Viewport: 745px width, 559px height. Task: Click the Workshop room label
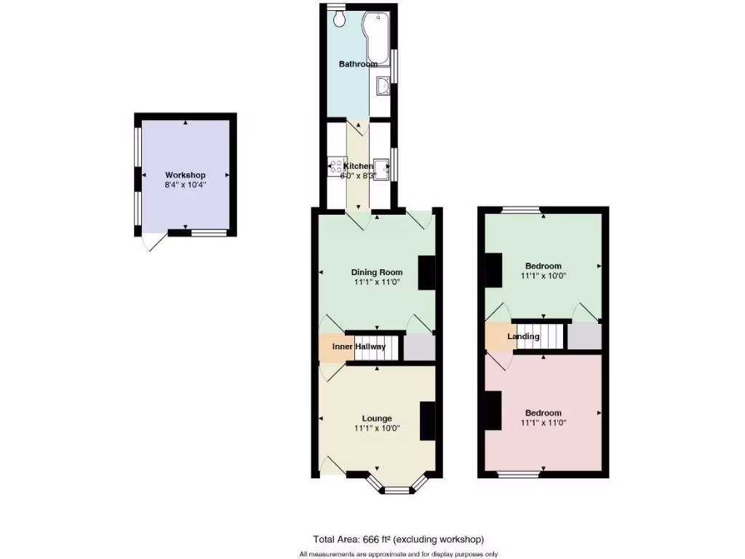[x=185, y=175]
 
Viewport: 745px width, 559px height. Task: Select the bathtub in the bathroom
[x=378, y=37]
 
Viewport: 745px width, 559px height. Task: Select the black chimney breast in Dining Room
[x=426, y=273]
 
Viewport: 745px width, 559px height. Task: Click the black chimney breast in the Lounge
[x=428, y=421]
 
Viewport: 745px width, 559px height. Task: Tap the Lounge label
[x=377, y=419]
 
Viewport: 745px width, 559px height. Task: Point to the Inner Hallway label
[x=359, y=346]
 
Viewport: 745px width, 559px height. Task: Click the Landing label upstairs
[x=523, y=336]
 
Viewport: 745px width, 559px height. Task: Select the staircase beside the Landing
[x=540, y=336]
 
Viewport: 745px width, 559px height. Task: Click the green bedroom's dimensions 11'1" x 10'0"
[x=543, y=277]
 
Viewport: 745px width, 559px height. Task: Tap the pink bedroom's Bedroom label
[x=543, y=413]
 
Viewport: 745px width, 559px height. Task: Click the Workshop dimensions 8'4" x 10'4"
[x=185, y=185]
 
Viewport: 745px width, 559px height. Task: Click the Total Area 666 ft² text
[x=398, y=539]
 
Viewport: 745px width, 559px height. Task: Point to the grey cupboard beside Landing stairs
[x=584, y=336]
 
